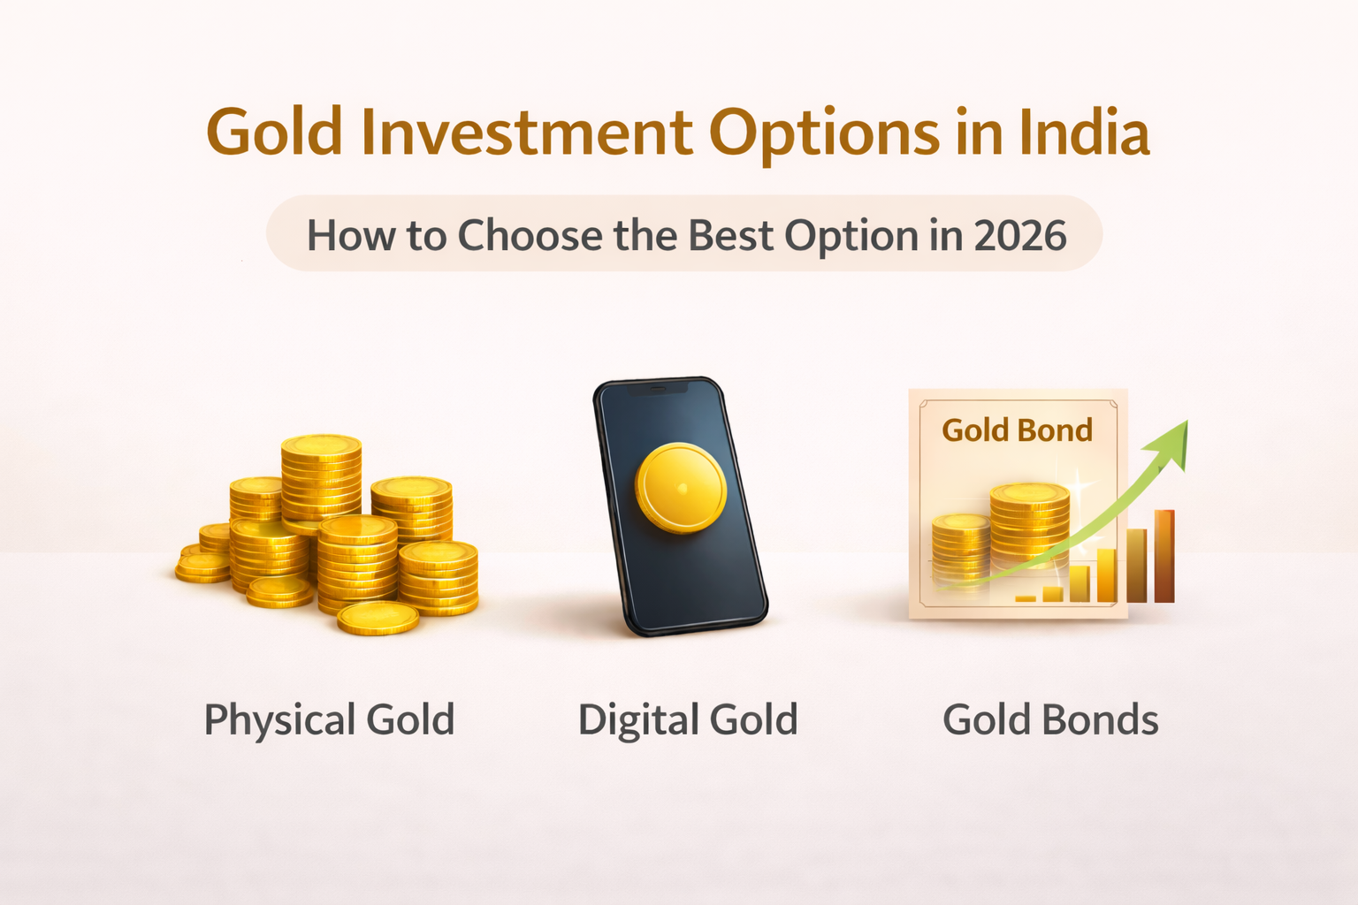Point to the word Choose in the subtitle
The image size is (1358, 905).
(x=529, y=235)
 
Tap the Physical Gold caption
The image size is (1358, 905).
(x=329, y=719)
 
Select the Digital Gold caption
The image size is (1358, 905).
(x=687, y=719)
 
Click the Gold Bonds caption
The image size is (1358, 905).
(x=1050, y=719)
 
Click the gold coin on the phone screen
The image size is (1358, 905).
(x=681, y=488)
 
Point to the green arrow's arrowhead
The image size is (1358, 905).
(x=1171, y=438)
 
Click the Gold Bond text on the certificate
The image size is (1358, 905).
(x=1017, y=430)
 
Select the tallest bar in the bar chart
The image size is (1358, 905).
(x=1164, y=556)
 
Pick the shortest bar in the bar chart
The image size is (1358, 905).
(x=1026, y=598)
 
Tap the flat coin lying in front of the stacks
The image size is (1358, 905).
(x=378, y=617)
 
